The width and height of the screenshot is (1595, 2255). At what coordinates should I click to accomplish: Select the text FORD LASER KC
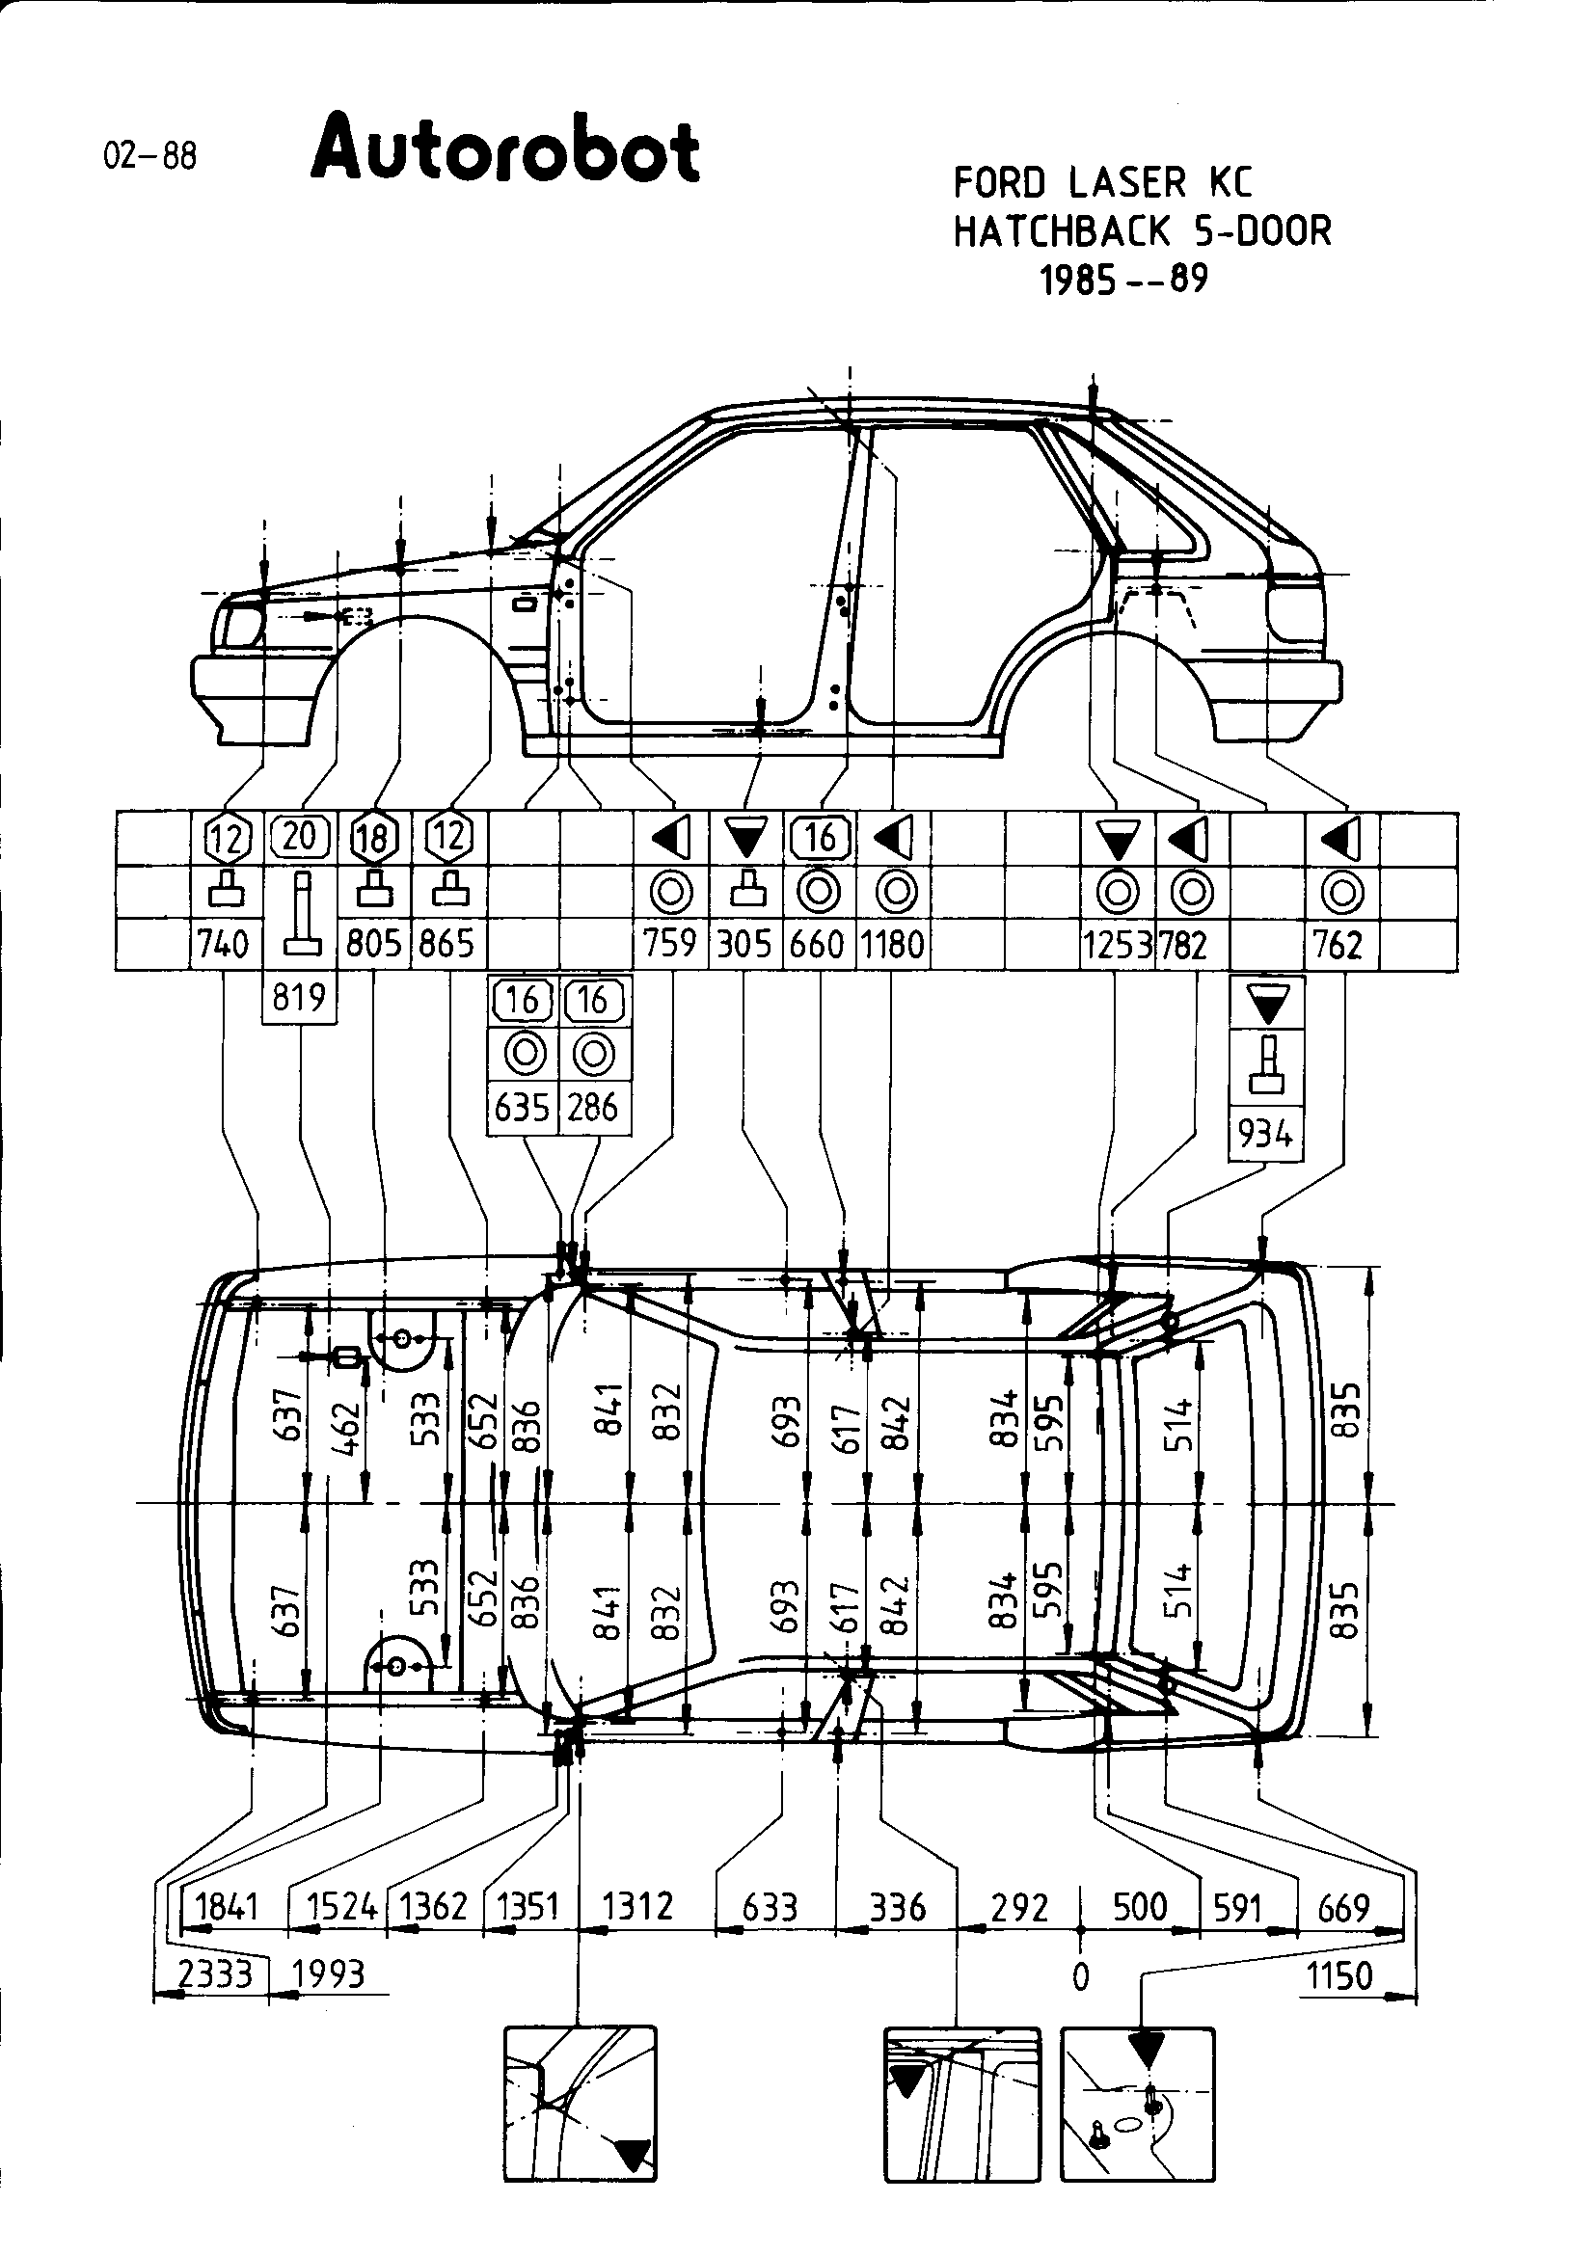pos(1103,182)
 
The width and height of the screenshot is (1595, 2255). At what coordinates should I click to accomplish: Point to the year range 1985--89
pos(1123,281)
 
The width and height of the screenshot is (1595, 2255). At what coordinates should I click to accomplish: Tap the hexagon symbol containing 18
pos(374,838)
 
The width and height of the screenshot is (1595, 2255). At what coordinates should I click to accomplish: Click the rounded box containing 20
pos(300,836)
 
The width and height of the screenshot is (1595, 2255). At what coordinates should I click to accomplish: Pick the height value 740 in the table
pos(224,944)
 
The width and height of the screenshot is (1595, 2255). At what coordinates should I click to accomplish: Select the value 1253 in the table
pos(1116,945)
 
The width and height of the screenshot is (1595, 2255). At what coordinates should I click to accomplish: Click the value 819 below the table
pos(299,998)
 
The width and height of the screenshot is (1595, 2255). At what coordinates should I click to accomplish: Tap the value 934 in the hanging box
pos(1265,1134)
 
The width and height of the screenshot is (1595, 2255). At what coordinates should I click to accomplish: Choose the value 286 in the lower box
pos(593,1108)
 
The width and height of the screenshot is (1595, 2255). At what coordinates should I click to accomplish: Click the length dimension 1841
pos(226,1907)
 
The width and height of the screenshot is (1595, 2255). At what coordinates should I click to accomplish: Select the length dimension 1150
pos(1338,1975)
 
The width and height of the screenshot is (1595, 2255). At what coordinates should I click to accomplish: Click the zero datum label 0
pos(1080,1976)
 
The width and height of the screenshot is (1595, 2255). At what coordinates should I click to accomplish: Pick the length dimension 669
pos(1342,1908)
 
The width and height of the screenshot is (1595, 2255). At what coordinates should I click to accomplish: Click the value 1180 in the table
pos(893,945)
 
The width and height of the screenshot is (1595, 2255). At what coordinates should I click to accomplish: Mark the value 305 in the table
pos(744,945)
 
